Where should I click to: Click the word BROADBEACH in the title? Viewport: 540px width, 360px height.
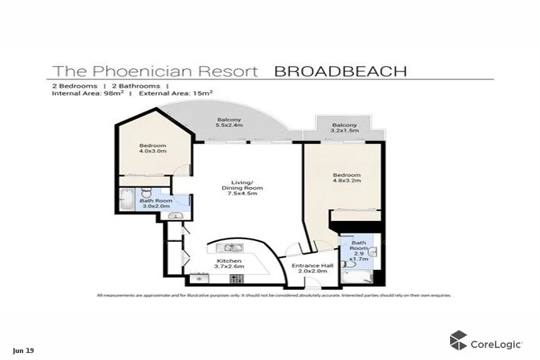(x=340, y=71)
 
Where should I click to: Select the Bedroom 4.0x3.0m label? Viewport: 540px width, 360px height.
(x=152, y=148)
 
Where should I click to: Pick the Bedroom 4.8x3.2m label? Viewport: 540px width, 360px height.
(x=347, y=178)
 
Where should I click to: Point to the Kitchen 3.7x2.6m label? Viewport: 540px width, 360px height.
(x=229, y=264)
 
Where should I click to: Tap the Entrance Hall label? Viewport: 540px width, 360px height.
(x=307, y=268)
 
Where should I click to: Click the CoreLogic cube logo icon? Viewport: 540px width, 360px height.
(x=459, y=341)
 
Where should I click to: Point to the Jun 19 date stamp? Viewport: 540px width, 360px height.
(x=22, y=349)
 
